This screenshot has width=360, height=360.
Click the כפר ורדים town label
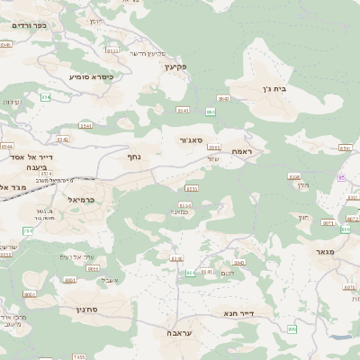34,25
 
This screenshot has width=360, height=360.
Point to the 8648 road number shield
223,99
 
